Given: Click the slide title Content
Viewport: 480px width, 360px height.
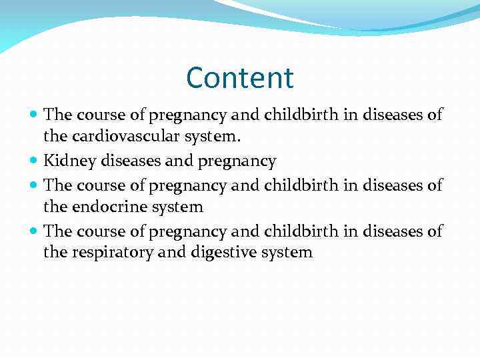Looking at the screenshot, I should [x=240, y=78].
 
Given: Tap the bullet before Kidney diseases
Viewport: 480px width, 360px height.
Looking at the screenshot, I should [x=35, y=161].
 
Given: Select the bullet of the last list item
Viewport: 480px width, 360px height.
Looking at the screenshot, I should [x=35, y=231].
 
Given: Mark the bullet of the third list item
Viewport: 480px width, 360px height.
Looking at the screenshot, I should [x=35, y=185].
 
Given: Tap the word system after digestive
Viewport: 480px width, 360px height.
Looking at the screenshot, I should [x=285, y=253].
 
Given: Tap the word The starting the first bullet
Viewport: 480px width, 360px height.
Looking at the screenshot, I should [x=57, y=115].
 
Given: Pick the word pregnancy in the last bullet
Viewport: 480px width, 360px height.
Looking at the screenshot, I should [x=189, y=231].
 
